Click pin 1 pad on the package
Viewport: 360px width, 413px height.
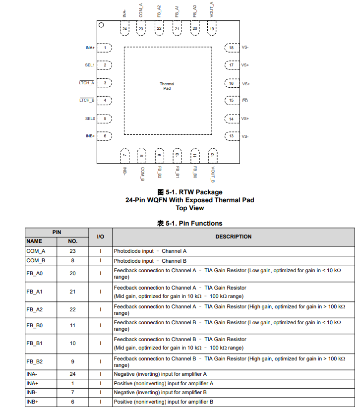(105, 48)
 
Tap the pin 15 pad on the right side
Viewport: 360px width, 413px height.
(231, 100)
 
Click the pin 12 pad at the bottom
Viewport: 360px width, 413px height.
(212, 155)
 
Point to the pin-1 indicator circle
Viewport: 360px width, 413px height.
(101, 25)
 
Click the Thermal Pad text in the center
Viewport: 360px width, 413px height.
(167, 86)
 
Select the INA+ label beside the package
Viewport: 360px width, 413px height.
(90, 48)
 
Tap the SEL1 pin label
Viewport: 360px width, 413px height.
(90, 65)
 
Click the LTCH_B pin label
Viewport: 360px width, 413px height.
(87, 100)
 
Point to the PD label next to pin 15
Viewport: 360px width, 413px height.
(245, 101)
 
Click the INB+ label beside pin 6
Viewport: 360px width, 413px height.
(90, 136)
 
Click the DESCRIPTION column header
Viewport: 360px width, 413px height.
(233, 236)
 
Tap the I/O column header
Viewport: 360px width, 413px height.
(101, 236)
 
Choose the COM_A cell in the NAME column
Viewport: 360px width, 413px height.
(36, 251)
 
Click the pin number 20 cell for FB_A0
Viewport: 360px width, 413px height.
(73, 273)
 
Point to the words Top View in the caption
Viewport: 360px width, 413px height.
(190, 208)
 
